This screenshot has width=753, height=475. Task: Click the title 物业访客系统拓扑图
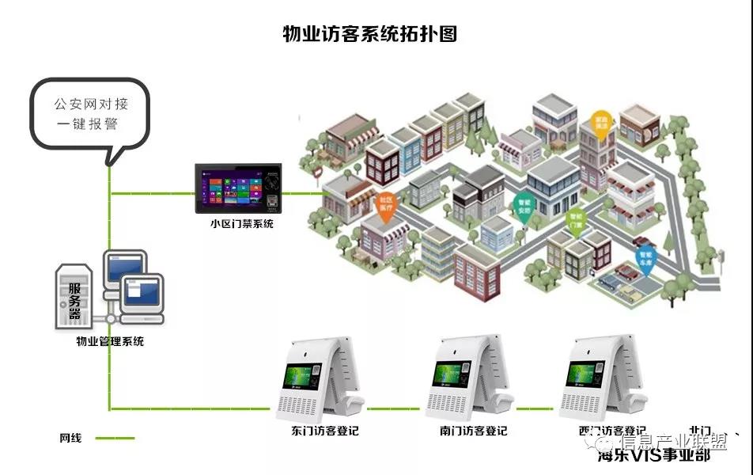(370, 33)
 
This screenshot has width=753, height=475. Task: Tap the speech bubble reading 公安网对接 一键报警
(90, 115)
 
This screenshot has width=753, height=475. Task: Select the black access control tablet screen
(238, 188)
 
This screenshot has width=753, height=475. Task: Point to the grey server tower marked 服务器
(74, 296)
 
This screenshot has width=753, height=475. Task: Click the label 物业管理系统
(110, 342)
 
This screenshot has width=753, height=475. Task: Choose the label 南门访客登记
(473, 431)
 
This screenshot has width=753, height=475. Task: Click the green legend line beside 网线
(114, 438)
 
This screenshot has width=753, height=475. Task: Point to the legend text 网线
(70, 438)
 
